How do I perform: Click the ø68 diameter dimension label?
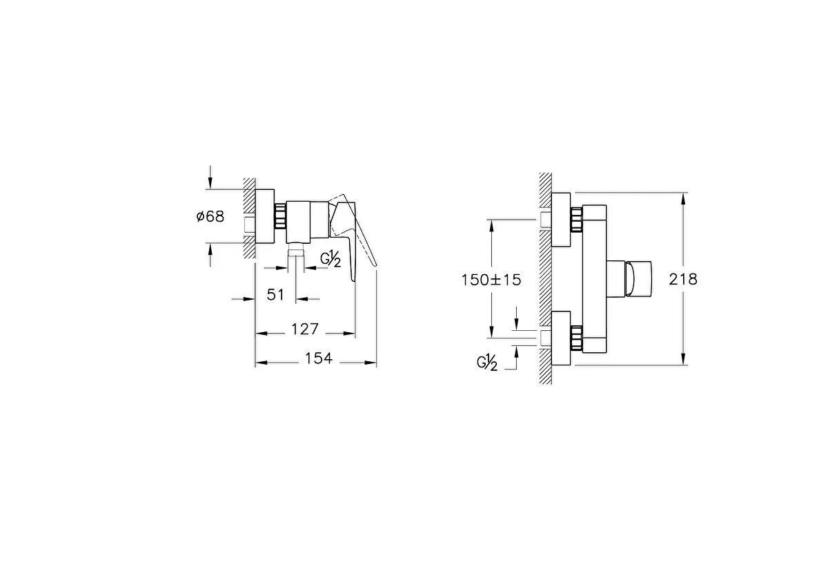(210, 216)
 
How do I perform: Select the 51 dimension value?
(276, 295)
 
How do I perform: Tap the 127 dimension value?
(304, 329)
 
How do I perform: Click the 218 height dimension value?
(683, 279)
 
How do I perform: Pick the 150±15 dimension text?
(491, 279)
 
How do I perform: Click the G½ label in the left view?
(331, 260)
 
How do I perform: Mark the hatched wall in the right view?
(545, 276)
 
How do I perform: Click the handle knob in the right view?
(634, 279)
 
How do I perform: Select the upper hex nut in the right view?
(576, 220)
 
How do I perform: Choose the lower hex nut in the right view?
(576, 338)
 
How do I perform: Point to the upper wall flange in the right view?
(561, 220)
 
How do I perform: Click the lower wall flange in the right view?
(561, 338)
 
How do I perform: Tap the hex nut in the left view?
(280, 215)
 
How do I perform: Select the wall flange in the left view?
(265, 215)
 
